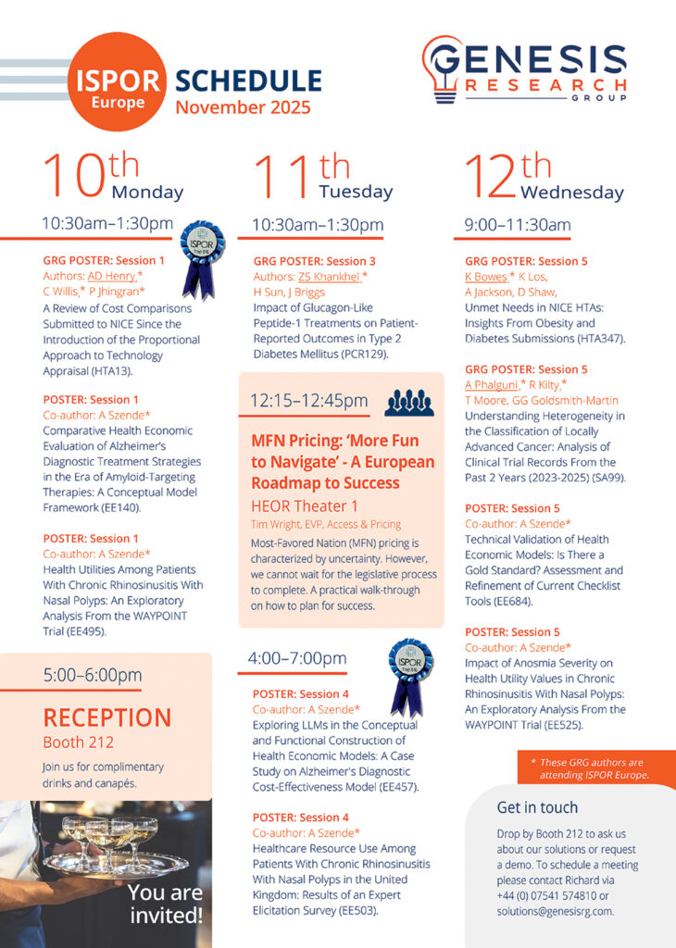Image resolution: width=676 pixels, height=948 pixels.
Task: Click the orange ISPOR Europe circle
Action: click(x=118, y=81)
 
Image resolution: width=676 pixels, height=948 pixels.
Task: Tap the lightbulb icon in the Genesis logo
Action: click(x=441, y=69)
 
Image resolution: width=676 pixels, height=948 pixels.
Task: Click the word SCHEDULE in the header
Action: click(x=248, y=81)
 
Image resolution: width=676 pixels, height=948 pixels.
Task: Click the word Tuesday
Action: click(x=356, y=192)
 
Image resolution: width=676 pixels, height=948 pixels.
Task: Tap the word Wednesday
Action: click(x=571, y=193)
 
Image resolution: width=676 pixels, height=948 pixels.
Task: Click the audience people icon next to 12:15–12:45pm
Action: click(x=408, y=402)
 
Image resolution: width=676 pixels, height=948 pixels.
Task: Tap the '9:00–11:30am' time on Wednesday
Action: click(x=518, y=224)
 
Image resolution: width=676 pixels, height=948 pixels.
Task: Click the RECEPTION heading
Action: click(x=107, y=717)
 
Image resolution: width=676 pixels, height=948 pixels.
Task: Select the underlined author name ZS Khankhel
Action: click(x=329, y=276)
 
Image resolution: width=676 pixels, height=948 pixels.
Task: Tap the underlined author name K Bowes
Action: click(x=486, y=276)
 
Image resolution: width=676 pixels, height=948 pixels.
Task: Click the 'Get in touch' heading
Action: click(x=537, y=806)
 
